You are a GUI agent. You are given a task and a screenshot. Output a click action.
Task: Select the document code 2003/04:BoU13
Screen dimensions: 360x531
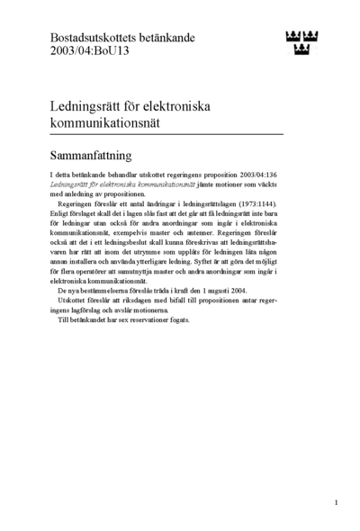click(88, 52)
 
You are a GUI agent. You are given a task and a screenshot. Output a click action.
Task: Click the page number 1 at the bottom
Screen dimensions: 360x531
click(336, 501)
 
